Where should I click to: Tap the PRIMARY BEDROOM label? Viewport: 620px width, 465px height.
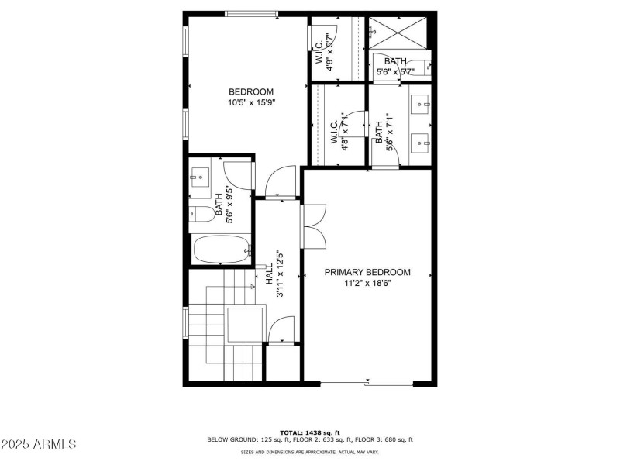[367, 272]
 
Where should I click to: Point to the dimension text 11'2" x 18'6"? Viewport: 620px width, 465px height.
[367, 284]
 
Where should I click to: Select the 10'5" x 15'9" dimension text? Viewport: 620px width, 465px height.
[251, 102]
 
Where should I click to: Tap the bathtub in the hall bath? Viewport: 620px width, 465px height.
[221, 250]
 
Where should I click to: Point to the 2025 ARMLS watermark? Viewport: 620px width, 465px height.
[39, 444]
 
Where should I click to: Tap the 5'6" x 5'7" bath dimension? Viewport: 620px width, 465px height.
[395, 72]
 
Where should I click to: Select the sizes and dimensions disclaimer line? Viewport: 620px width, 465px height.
[310, 452]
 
